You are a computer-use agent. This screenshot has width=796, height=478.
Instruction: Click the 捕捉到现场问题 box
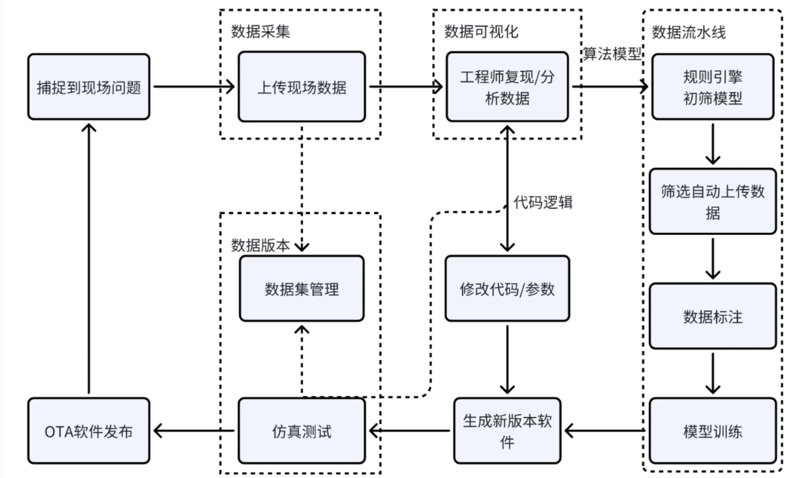click(89, 87)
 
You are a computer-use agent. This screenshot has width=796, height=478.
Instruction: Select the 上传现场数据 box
click(302, 87)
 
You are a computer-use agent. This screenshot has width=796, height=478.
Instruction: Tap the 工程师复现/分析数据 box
click(507, 87)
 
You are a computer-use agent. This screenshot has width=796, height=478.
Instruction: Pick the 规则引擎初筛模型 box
click(712, 87)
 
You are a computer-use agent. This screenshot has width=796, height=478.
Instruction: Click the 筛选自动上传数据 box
click(712, 201)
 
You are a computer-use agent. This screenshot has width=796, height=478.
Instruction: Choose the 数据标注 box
click(712, 316)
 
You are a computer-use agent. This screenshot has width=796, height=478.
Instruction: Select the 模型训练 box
click(712, 431)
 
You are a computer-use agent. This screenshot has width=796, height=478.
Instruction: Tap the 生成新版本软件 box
click(507, 431)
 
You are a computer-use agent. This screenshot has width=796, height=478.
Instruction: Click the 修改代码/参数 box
click(507, 289)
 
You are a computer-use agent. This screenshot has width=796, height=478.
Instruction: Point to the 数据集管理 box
click(302, 289)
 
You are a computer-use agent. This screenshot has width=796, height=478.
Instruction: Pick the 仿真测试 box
click(302, 431)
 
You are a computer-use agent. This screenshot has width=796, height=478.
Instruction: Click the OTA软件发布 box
click(89, 431)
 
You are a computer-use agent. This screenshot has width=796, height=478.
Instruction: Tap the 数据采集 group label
click(260, 31)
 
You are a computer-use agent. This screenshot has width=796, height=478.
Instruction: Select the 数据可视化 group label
click(481, 31)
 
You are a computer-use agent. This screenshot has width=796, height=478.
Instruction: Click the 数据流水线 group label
click(689, 32)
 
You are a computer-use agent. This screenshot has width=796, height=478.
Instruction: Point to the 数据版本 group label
click(260, 245)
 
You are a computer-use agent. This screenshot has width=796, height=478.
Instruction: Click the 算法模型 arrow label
click(612, 53)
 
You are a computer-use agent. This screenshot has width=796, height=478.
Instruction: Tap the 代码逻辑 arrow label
click(543, 202)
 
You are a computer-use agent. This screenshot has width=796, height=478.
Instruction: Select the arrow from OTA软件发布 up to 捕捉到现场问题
click(89, 257)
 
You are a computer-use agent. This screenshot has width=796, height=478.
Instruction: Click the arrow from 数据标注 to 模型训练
click(712, 373)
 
